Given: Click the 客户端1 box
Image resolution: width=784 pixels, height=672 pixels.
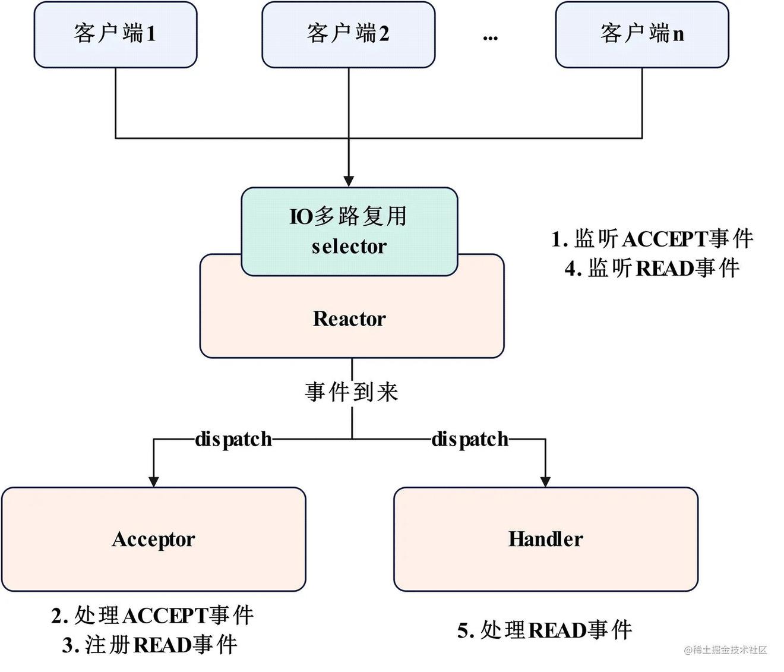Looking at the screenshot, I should [x=115, y=34].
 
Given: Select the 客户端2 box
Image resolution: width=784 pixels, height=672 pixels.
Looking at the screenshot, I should [x=348, y=34].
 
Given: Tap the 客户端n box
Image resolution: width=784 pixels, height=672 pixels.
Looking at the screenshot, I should [x=641, y=34].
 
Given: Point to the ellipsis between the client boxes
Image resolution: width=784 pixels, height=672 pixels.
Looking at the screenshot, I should [x=490, y=37].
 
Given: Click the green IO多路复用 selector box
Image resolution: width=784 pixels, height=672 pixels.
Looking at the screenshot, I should [x=349, y=231].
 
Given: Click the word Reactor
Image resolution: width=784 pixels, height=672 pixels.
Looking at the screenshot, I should [x=349, y=319].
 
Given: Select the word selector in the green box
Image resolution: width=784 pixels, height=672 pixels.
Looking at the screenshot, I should [x=349, y=247].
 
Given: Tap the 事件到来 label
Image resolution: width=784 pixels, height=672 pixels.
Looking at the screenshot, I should [x=352, y=392].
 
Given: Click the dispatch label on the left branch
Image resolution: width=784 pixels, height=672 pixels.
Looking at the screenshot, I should [x=233, y=439].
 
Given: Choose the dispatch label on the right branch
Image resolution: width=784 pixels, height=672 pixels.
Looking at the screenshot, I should [x=470, y=439].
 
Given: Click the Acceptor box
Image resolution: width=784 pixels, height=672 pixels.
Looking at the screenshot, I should [x=153, y=539].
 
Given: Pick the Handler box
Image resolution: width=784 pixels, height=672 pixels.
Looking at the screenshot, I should [x=545, y=539].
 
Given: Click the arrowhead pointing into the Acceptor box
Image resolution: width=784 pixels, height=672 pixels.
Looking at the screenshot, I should [x=154, y=481].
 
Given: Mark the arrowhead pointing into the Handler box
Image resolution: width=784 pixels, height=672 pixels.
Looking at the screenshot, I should [x=545, y=481].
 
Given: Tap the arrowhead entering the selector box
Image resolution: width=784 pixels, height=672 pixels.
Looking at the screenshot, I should [x=349, y=181].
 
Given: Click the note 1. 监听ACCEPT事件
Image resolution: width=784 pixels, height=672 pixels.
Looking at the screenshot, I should [x=652, y=239].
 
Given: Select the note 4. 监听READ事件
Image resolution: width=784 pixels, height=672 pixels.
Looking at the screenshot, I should [x=652, y=269].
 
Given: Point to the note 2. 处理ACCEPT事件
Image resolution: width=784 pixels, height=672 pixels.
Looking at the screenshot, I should [x=153, y=616].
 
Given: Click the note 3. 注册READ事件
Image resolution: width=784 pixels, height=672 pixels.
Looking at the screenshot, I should [x=150, y=645].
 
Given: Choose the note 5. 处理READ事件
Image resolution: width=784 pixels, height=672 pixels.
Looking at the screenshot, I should [x=545, y=630].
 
